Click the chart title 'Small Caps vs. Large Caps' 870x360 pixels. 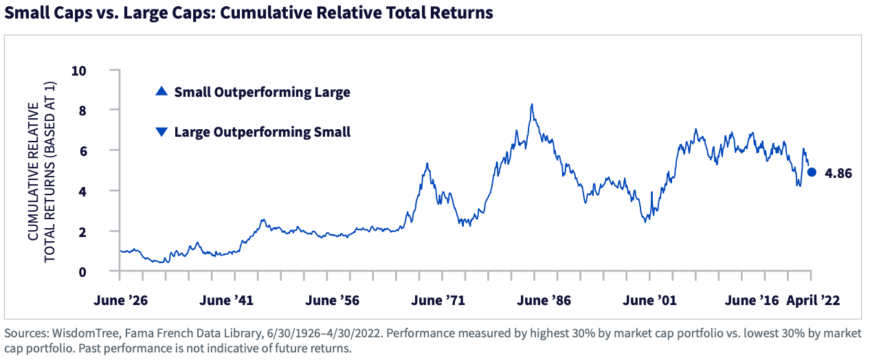[x=248, y=13]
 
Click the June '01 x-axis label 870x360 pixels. [x=647, y=300]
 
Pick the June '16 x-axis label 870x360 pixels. [x=752, y=300]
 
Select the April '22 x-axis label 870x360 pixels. [x=814, y=300]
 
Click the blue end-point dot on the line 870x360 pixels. [x=812, y=173]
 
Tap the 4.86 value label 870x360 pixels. [x=838, y=174]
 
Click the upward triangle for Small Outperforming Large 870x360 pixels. [x=161, y=91]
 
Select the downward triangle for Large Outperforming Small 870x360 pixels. [x=161, y=132]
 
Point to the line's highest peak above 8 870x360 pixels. [x=532, y=104]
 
